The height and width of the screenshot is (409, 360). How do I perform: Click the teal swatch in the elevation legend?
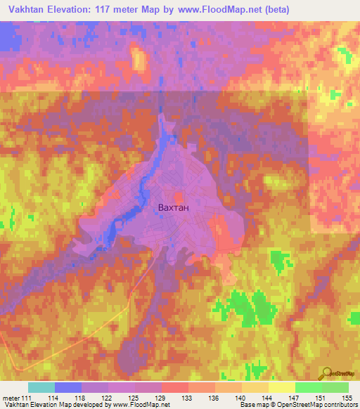(41, 387)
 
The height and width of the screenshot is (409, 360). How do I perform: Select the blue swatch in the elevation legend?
(68, 387)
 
